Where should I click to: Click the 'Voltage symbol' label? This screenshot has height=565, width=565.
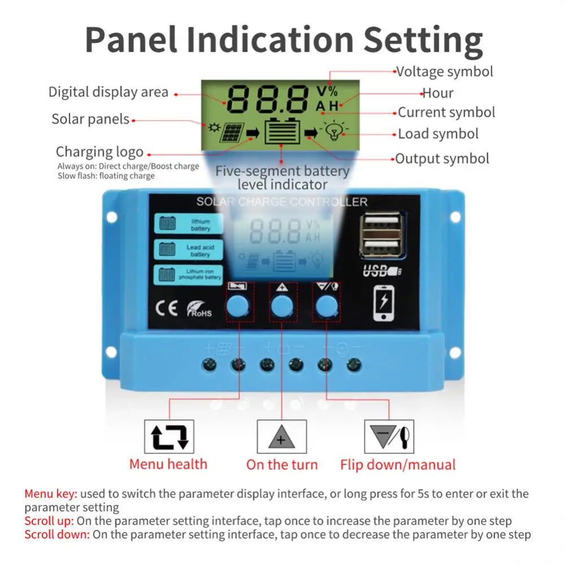[x=444, y=72]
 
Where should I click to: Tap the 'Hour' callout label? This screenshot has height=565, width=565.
[x=438, y=93]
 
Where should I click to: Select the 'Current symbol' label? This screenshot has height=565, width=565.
[x=446, y=112]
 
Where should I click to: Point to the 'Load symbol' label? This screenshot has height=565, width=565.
[x=438, y=134]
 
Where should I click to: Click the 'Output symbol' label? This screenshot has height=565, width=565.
[x=442, y=159]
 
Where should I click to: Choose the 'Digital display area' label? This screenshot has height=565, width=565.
[x=108, y=92]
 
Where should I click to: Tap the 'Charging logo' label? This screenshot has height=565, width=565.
[x=99, y=152]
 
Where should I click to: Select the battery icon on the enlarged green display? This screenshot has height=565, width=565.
[x=282, y=132]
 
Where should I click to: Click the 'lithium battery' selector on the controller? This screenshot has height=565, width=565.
[x=189, y=224]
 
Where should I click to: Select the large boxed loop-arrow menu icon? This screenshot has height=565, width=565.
[x=169, y=437]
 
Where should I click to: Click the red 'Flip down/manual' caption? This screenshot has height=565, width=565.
[x=397, y=465]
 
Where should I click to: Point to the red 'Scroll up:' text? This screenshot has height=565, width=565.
[x=49, y=521]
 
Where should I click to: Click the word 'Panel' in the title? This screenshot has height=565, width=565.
[x=131, y=40]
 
